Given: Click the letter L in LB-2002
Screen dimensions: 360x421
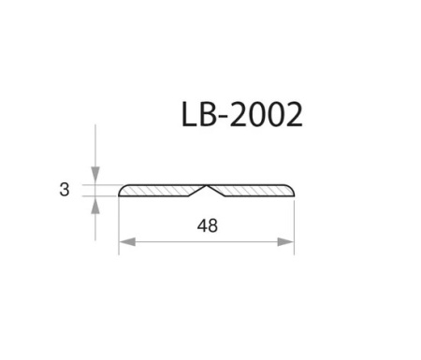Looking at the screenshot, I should [x=190, y=115].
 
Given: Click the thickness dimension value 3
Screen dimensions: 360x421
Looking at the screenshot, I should [x=64, y=190].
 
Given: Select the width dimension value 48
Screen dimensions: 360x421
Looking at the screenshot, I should [x=207, y=224].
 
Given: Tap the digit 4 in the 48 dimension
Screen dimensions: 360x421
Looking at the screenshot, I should [x=200, y=224].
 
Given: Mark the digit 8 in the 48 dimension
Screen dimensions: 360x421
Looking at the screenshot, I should [x=213, y=224].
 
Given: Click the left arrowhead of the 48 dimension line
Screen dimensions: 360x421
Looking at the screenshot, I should [x=125, y=241].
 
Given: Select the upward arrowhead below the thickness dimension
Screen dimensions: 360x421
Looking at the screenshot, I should [x=95, y=204].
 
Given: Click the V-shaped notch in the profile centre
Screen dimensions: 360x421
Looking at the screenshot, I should [x=207, y=192].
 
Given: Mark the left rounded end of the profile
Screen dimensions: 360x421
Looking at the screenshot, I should [x=122, y=192].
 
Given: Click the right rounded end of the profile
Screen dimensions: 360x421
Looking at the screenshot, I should [x=292, y=192].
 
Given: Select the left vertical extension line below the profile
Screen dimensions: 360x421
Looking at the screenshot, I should [x=119, y=224].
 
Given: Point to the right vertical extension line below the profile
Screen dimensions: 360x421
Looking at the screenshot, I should [x=294, y=224].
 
